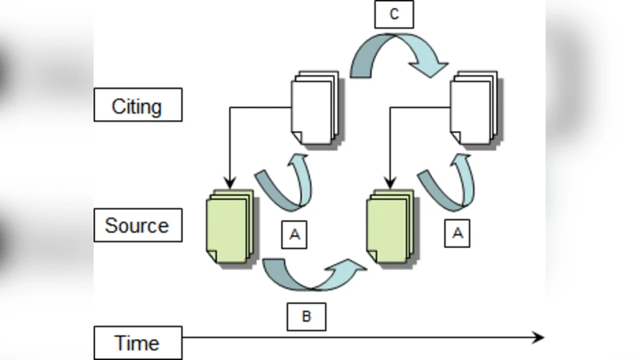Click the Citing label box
point(138,106)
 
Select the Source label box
point(138,226)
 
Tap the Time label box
point(138,343)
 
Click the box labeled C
point(394,14)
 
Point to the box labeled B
point(306,317)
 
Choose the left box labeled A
point(294,234)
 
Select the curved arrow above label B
point(312,276)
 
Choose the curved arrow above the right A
point(448,182)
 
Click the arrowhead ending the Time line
point(538,338)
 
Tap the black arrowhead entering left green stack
point(230,181)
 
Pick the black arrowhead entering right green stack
point(389,181)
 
